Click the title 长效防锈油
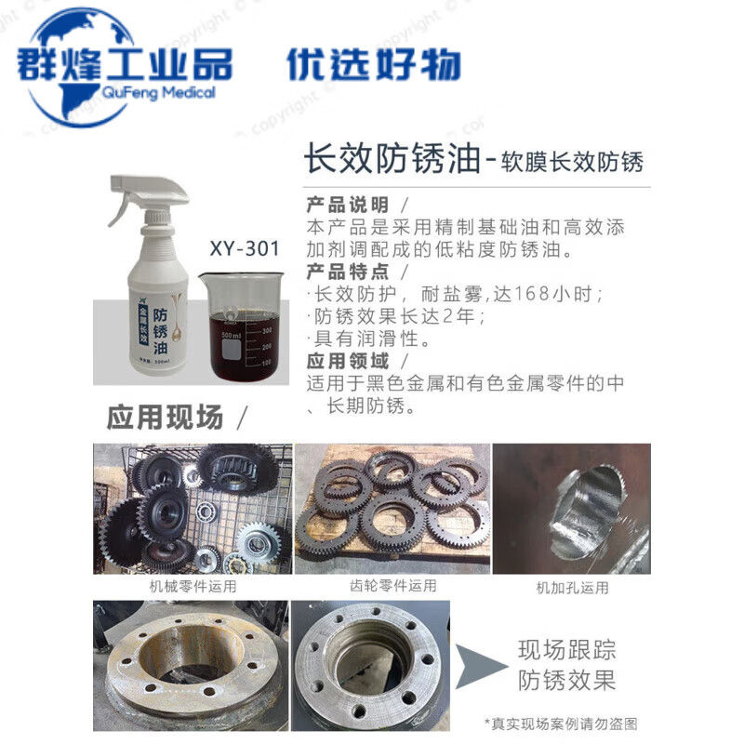click(x=392, y=160)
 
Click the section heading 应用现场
click(x=166, y=417)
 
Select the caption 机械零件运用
click(x=193, y=587)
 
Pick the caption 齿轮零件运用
click(x=392, y=586)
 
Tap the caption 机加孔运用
click(x=572, y=587)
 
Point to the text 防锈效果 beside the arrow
click(x=566, y=681)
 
